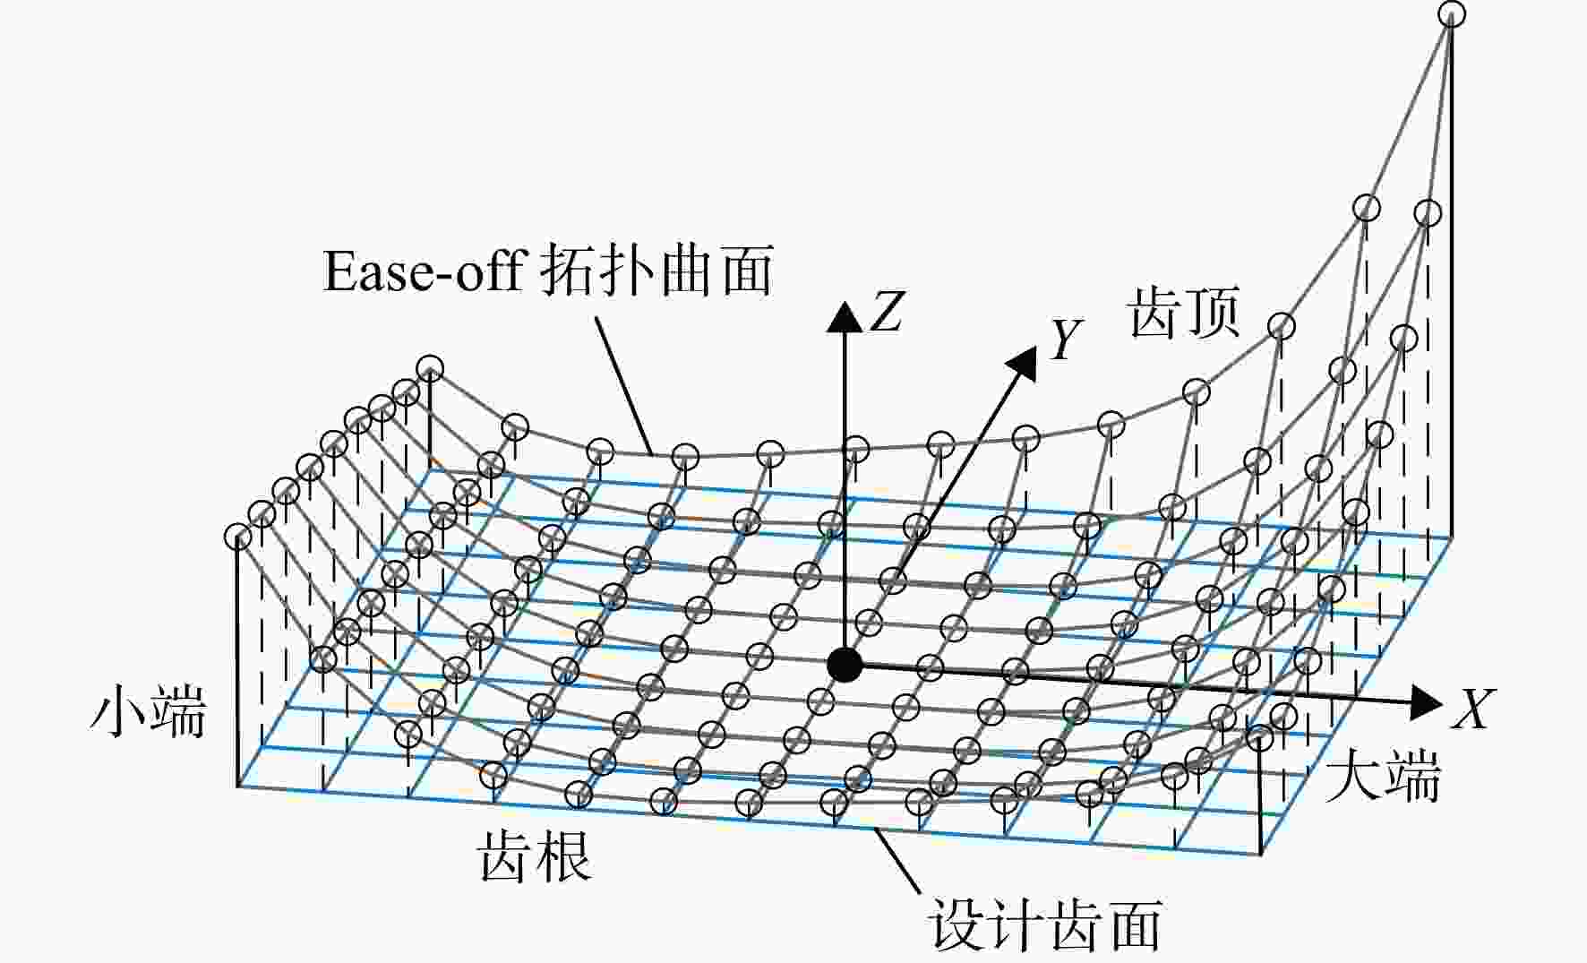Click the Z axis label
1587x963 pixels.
tap(887, 312)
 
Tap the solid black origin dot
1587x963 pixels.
tap(844, 665)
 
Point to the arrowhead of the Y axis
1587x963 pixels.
tap(1023, 363)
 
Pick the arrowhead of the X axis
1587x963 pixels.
tap(1425, 701)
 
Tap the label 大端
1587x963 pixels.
tap(1384, 775)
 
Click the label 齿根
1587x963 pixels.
tap(536, 856)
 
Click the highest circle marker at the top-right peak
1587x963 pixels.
tap(1452, 14)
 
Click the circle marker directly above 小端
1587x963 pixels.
tap(237, 537)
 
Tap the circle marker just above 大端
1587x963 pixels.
tap(1259, 737)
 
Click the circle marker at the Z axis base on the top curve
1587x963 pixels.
tap(856, 448)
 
